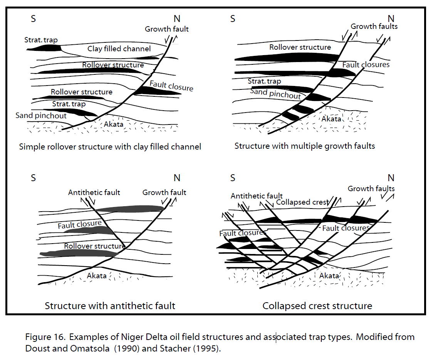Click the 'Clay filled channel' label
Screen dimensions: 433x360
(x=119, y=49)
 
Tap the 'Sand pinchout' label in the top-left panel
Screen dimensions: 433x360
(x=41, y=116)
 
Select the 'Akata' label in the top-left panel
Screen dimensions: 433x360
(x=114, y=124)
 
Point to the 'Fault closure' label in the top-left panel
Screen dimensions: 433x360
(x=171, y=86)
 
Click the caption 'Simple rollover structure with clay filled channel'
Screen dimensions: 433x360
(x=110, y=147)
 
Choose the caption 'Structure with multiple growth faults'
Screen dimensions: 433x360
(x=305, y=146)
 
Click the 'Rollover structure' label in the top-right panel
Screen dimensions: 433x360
(x=300, y=47)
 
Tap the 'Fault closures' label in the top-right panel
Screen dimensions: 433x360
(x=366, y=65)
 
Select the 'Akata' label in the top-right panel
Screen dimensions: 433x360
(x=331, y=119)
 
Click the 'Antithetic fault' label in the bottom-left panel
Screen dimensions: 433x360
(x=94, y=192)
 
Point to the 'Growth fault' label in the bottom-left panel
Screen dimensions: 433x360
(x=164, y=192)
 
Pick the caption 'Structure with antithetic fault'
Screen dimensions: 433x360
(x=110, y=306)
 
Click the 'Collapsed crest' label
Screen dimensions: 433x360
(x=302, y=202)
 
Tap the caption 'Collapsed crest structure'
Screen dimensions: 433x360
(x=317, y=306)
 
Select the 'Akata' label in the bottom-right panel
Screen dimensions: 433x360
(x=329, y=276)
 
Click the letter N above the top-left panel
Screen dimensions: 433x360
(x=177, y=19)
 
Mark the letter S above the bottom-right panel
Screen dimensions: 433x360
(x=233, y=178)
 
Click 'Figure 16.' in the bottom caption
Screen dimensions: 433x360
(x=45, y=337)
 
